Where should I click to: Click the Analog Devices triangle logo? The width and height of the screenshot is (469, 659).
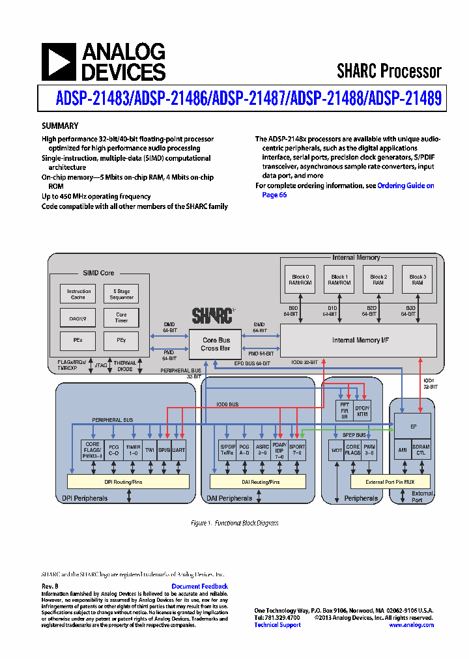58,62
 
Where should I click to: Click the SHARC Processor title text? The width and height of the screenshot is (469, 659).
389,70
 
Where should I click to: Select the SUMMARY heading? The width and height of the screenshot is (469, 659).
60,126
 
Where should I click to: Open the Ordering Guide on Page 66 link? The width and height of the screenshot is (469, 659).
405,186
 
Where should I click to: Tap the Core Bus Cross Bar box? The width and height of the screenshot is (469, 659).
215,344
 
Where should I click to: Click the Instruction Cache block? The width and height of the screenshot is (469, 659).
79,294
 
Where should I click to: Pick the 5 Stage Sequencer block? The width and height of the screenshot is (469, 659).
121,294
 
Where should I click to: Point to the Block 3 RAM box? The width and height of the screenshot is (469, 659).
417,280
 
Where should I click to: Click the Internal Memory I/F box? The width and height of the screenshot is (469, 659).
358,340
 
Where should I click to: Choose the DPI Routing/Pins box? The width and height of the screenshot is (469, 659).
128,481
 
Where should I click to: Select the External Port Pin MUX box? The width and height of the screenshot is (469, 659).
390,481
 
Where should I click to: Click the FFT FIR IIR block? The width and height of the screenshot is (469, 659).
345,410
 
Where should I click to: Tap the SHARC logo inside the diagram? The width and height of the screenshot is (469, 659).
212,316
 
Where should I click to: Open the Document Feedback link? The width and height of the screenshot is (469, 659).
199,586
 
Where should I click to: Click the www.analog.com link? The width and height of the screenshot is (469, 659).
411,624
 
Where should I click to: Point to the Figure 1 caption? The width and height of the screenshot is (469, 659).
234,523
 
